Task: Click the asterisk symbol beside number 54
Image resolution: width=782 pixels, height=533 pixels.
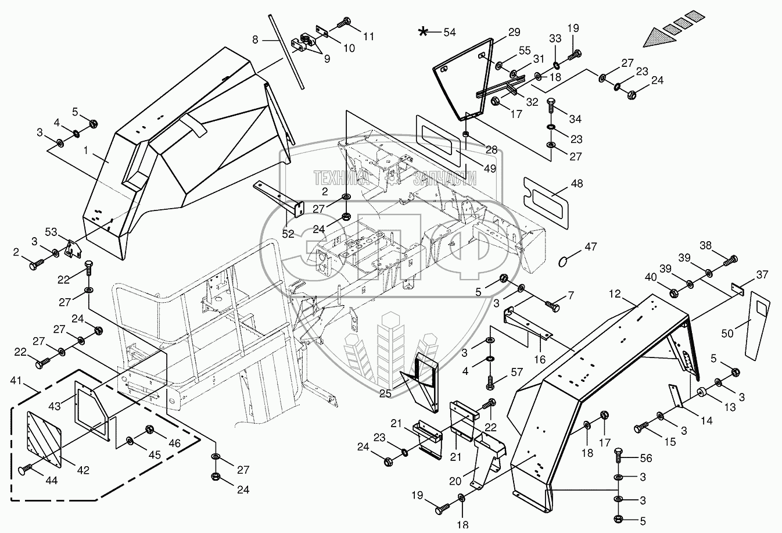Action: (x=425, y=32)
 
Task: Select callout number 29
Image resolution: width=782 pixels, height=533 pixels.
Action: (x=514, y=33)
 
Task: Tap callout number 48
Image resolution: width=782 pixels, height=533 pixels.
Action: (x=576, y=183)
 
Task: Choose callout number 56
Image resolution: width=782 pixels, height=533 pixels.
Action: (x=647, y=459)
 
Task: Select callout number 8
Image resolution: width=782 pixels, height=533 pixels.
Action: (x=254, y=40)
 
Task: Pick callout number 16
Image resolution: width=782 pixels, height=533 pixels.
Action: (x=540, y=360)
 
